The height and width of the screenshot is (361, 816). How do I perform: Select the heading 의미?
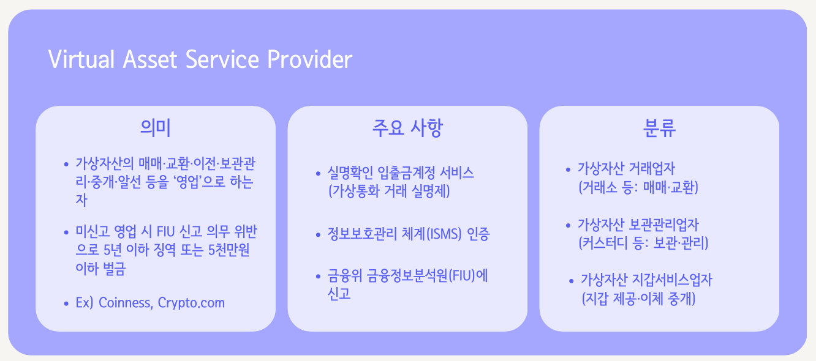[156, 128]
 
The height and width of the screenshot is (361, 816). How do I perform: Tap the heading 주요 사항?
[407, 128]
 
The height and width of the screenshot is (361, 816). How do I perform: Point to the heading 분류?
[659, 128]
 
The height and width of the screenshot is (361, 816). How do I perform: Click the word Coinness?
[125, 303]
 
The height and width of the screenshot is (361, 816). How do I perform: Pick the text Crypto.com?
[191, 303]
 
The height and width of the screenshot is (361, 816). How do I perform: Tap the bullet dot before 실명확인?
[318, 174]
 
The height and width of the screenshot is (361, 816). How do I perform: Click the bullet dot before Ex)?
[66, 303]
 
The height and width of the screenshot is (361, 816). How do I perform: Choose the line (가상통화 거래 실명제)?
[390, 191]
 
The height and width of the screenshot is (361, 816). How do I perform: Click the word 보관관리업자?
[664, 225]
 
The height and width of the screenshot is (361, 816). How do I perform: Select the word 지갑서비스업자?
[672, 280]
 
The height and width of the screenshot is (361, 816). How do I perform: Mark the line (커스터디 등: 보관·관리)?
[643, 243]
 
